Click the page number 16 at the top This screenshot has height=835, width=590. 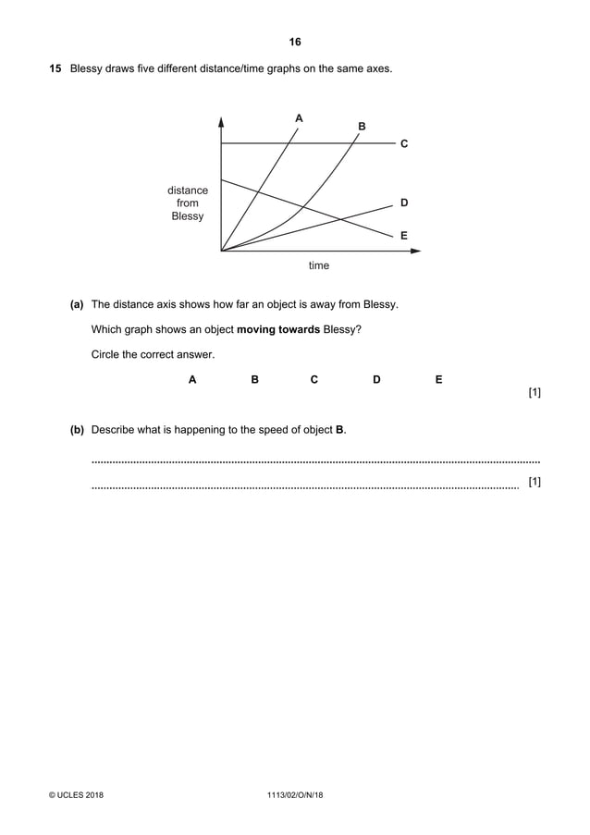(x=295, y=42)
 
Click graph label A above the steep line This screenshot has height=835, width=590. (x=298, y=118)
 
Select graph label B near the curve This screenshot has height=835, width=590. (x=362, y=126)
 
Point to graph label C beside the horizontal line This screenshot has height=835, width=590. (x=404, y=144)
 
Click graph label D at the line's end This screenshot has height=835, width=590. (x=404, y=202)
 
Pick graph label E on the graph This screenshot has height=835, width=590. (x=404, y=236)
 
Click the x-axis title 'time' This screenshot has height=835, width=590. (x=318, y=265)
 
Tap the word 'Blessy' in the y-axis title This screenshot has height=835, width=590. (x=188, y=216)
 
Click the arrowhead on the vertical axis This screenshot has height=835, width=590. (x=222, y=121)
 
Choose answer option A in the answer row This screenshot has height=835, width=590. (x=192, y=379)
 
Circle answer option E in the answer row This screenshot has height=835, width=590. (x=438, y=379)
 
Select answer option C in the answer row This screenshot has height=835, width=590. (x=314, y=379)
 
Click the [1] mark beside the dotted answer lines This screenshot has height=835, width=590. (x=534, y=482)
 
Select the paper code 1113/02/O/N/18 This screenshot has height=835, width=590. (x=294, y=795)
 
